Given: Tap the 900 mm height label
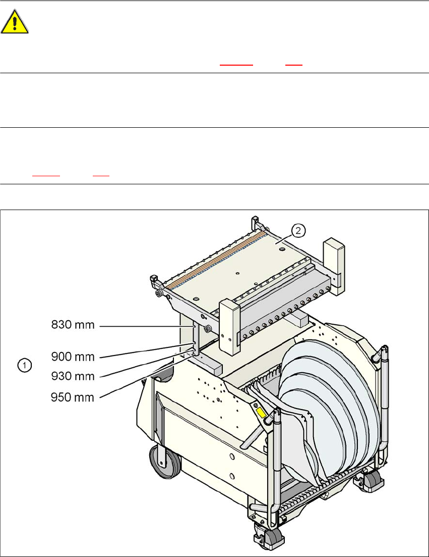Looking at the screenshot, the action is [x=74, y=357].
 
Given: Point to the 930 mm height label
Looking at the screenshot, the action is [x=74, y=376].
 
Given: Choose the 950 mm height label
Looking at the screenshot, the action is [x=74, y=397].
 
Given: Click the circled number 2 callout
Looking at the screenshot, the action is [x=298, y=231].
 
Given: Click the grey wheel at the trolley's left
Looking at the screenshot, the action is [x=164, y=463].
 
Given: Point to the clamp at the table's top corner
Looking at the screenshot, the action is [x=255, y=221].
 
